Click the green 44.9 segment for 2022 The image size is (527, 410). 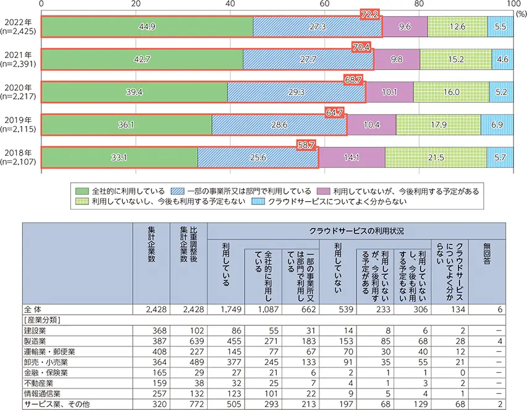147,27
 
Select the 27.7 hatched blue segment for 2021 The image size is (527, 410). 308,59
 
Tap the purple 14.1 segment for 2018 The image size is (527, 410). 352,157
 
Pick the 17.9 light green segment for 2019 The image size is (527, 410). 437,124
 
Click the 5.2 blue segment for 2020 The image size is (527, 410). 501,91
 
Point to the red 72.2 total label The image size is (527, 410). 372,13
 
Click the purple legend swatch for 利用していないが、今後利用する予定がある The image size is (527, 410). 323,190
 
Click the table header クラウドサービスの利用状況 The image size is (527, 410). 356,230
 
